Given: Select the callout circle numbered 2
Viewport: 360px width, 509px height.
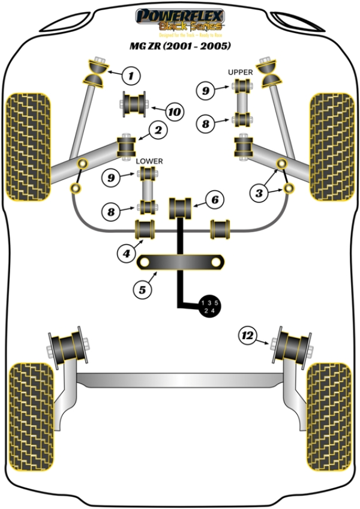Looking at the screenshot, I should [159, 129].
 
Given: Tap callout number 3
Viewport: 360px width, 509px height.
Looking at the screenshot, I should [259, 193].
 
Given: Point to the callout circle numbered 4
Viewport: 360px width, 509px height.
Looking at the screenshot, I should [126, 254].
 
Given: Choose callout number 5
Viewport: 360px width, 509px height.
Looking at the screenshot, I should [142, 290].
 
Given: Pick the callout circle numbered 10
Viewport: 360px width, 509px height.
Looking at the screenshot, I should [174, 111].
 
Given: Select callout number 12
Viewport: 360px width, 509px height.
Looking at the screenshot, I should [247, 334].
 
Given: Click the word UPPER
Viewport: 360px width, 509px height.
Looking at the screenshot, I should [240, 72].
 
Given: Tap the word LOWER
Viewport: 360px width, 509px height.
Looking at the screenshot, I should [149, 161].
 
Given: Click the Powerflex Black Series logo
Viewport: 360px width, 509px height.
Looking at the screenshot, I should [179, 20].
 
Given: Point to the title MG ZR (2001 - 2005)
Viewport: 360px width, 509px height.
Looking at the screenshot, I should [179, 46].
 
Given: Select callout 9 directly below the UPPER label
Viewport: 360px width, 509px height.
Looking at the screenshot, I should [206, 91].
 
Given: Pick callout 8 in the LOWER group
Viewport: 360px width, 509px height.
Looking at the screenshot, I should [110, 211].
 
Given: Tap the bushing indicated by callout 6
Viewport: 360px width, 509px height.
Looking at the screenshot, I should [180, 208].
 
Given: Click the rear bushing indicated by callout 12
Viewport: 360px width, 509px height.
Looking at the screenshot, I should [293, 344].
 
